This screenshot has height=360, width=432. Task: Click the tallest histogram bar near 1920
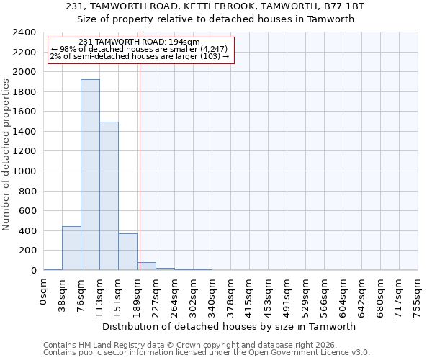[90, 175]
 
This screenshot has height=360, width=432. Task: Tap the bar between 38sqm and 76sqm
[71, 248]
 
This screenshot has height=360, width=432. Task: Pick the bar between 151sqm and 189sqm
[127, 252]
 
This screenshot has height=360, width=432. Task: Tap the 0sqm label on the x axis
[44, 292]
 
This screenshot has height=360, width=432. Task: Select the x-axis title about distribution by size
[230, 326]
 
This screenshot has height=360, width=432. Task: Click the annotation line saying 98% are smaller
[140, 49]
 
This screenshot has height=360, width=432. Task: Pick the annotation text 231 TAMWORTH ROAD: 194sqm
[140, 42]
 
